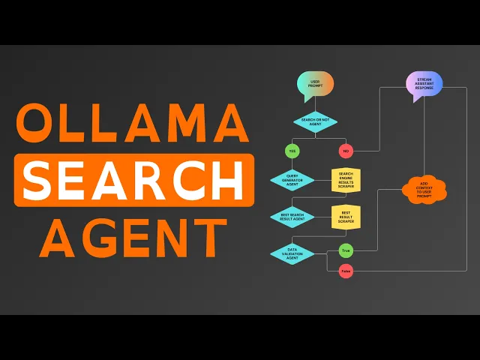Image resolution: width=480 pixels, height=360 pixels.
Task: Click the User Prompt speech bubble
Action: (x=315, y=83)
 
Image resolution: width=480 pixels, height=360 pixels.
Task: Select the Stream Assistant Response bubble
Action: (x=424, y=83)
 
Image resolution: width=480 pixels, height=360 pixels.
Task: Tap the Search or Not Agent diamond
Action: (x=315, y=121)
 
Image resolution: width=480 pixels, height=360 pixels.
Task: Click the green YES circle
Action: (x=292, y=151)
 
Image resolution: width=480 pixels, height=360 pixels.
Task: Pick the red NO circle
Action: (x=346, y=151)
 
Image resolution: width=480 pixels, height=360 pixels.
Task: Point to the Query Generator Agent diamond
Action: (x=292, y=180)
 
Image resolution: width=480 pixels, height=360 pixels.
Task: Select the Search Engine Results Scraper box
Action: (x=346, y=180)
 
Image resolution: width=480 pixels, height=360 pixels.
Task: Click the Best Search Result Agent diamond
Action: (x=292, y=217)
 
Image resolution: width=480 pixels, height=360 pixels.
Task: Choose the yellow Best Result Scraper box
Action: (x=346, y=217)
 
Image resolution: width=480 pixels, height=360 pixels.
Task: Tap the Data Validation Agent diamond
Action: (x=292, y=253)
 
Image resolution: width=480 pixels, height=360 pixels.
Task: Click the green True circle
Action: (x=346, y=250)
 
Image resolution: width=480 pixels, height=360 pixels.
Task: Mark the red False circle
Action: (x=346, y=271)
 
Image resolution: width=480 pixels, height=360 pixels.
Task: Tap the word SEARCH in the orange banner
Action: (x=133, y=180)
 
